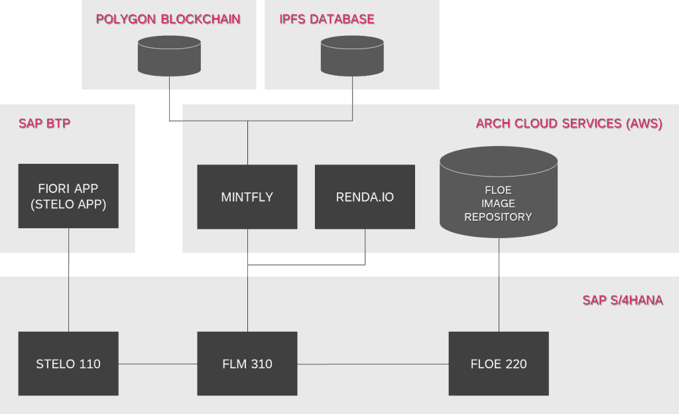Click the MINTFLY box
pyautogui.click(x=247, y=197)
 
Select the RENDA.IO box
pyautogui.click(x=365, y=197)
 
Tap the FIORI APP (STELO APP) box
pyautogui.click(x=68, y=196)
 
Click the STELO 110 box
pyautogui.click(x=68, y=364)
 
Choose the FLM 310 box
pyautogui.click(x=247, y=364)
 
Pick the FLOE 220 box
pyautogui.click(x=499, y=364)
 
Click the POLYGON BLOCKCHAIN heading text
pyautogui.click(x=168, y=19)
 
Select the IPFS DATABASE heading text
pyautogui.click(x=327, y=19)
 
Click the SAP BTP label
pyautogui.click(x=44, y=123)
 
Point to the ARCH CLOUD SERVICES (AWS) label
pyautogui.click(x=569, y=123)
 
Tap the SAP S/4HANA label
pyautogui.click(x=623, y=300)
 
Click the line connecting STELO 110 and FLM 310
pyautogui.click(x=158, y=364)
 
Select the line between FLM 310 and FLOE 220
pyautogui.click(x=373, y=364)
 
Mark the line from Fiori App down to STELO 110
pyautogui.click(x=68, y=292)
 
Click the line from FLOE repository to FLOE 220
pyautogui.click(x=499, y=292)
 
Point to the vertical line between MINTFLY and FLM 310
pyautogui.click(x=247, y=299)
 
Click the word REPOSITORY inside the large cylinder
pyautogui.click(x=498, y=217)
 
